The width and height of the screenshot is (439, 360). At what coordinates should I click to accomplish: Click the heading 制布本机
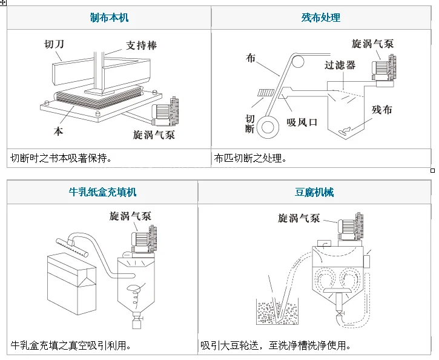point(109,18)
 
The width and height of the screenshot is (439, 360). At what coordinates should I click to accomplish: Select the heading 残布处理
point(321,18)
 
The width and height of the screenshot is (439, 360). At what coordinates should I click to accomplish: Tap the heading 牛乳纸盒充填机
point(102,192)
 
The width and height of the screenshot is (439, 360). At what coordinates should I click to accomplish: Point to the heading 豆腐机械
point(314,192)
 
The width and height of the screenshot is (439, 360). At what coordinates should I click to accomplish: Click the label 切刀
point(54,44)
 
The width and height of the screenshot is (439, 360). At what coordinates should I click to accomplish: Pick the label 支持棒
point(141,45)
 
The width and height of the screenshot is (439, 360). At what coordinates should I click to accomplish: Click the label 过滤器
point(340,65)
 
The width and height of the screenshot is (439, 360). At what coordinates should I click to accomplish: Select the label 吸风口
point(302,122)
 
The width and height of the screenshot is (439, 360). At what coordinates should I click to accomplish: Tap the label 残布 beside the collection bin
point(382,110)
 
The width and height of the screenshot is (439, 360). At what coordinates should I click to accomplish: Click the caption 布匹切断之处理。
point(250,158)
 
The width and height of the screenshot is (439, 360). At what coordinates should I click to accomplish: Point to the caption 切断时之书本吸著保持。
point(61,158)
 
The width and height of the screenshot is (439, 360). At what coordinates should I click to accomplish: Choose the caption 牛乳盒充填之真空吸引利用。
point(71,345)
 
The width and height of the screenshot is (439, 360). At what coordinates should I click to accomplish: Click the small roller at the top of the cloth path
point(297,61)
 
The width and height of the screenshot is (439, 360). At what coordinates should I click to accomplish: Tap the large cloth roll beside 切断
point(268,127)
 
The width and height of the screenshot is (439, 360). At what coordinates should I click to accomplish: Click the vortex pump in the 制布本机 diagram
point(165,112)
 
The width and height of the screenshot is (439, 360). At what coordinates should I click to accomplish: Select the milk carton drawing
point(71,284)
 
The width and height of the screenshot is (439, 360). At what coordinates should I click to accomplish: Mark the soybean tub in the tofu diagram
point(277,312)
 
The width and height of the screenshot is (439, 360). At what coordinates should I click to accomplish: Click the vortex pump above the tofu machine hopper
point(350,227)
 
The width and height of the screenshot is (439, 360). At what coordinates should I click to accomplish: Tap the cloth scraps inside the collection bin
point(344,131)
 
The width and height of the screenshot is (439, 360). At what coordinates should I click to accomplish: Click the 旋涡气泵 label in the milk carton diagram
point(130,216)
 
